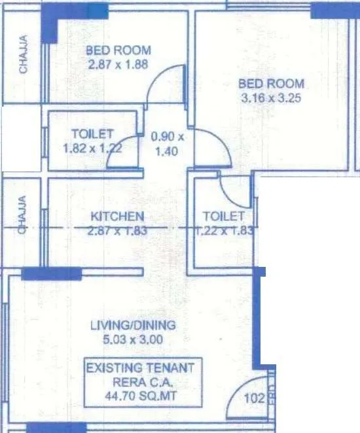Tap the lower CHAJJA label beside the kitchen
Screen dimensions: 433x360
coord(24,215)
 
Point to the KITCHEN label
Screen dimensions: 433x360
coord(117,217)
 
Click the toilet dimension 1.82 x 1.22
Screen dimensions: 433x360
coord(93,148)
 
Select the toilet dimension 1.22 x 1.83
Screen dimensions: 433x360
coord(223,230)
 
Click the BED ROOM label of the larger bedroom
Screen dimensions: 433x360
coord(271,84)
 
